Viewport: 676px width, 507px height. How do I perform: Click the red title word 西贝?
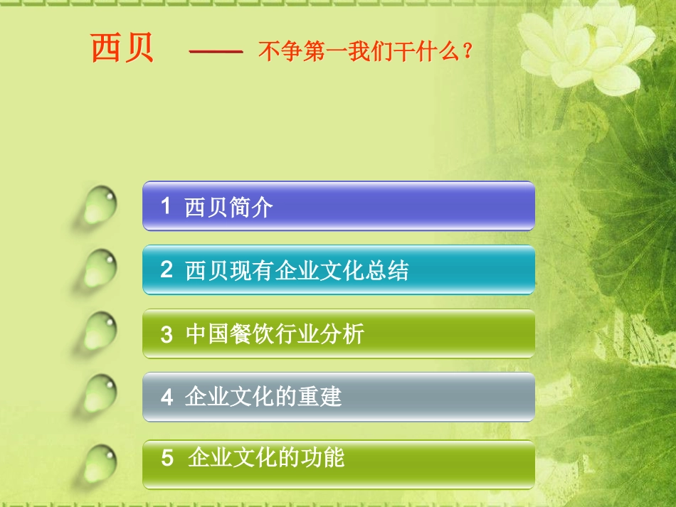[122, 48]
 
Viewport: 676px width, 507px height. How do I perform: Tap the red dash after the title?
[216, 52]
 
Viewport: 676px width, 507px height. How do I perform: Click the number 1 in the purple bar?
[166, 206]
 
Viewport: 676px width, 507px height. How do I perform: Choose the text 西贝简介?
[228, 208]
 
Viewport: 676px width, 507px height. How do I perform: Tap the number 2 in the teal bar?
[167, 269]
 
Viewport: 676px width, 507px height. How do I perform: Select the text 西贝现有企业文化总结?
[297, 270]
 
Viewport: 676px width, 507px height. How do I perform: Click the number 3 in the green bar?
[167, 334]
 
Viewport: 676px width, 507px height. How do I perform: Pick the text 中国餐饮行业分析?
[274, 334]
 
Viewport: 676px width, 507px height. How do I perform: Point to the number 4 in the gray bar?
[167, 397]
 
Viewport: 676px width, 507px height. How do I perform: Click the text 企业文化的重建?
[263, 397]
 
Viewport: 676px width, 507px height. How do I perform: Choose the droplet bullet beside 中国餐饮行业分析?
[100, 331]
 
